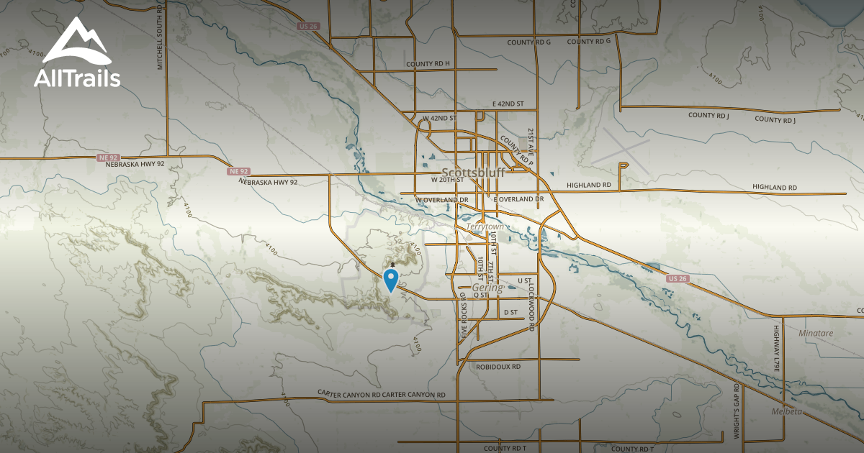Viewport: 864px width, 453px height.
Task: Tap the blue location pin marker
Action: coord(392,279)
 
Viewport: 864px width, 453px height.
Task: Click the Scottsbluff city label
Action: coord(473,173)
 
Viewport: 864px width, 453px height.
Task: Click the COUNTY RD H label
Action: coord(428,64)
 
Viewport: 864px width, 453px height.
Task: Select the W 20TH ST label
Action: coord(446,180)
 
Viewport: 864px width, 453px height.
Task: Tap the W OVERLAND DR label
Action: coord(442,199)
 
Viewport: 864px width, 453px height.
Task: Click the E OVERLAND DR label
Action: coord(518,198)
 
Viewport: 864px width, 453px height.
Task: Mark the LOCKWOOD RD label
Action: coord(531,306)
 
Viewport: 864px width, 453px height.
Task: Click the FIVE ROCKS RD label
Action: coord(464,314)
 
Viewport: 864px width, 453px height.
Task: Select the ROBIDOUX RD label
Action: coord(498,366)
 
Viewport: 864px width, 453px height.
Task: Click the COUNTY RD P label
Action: coord(516,152)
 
